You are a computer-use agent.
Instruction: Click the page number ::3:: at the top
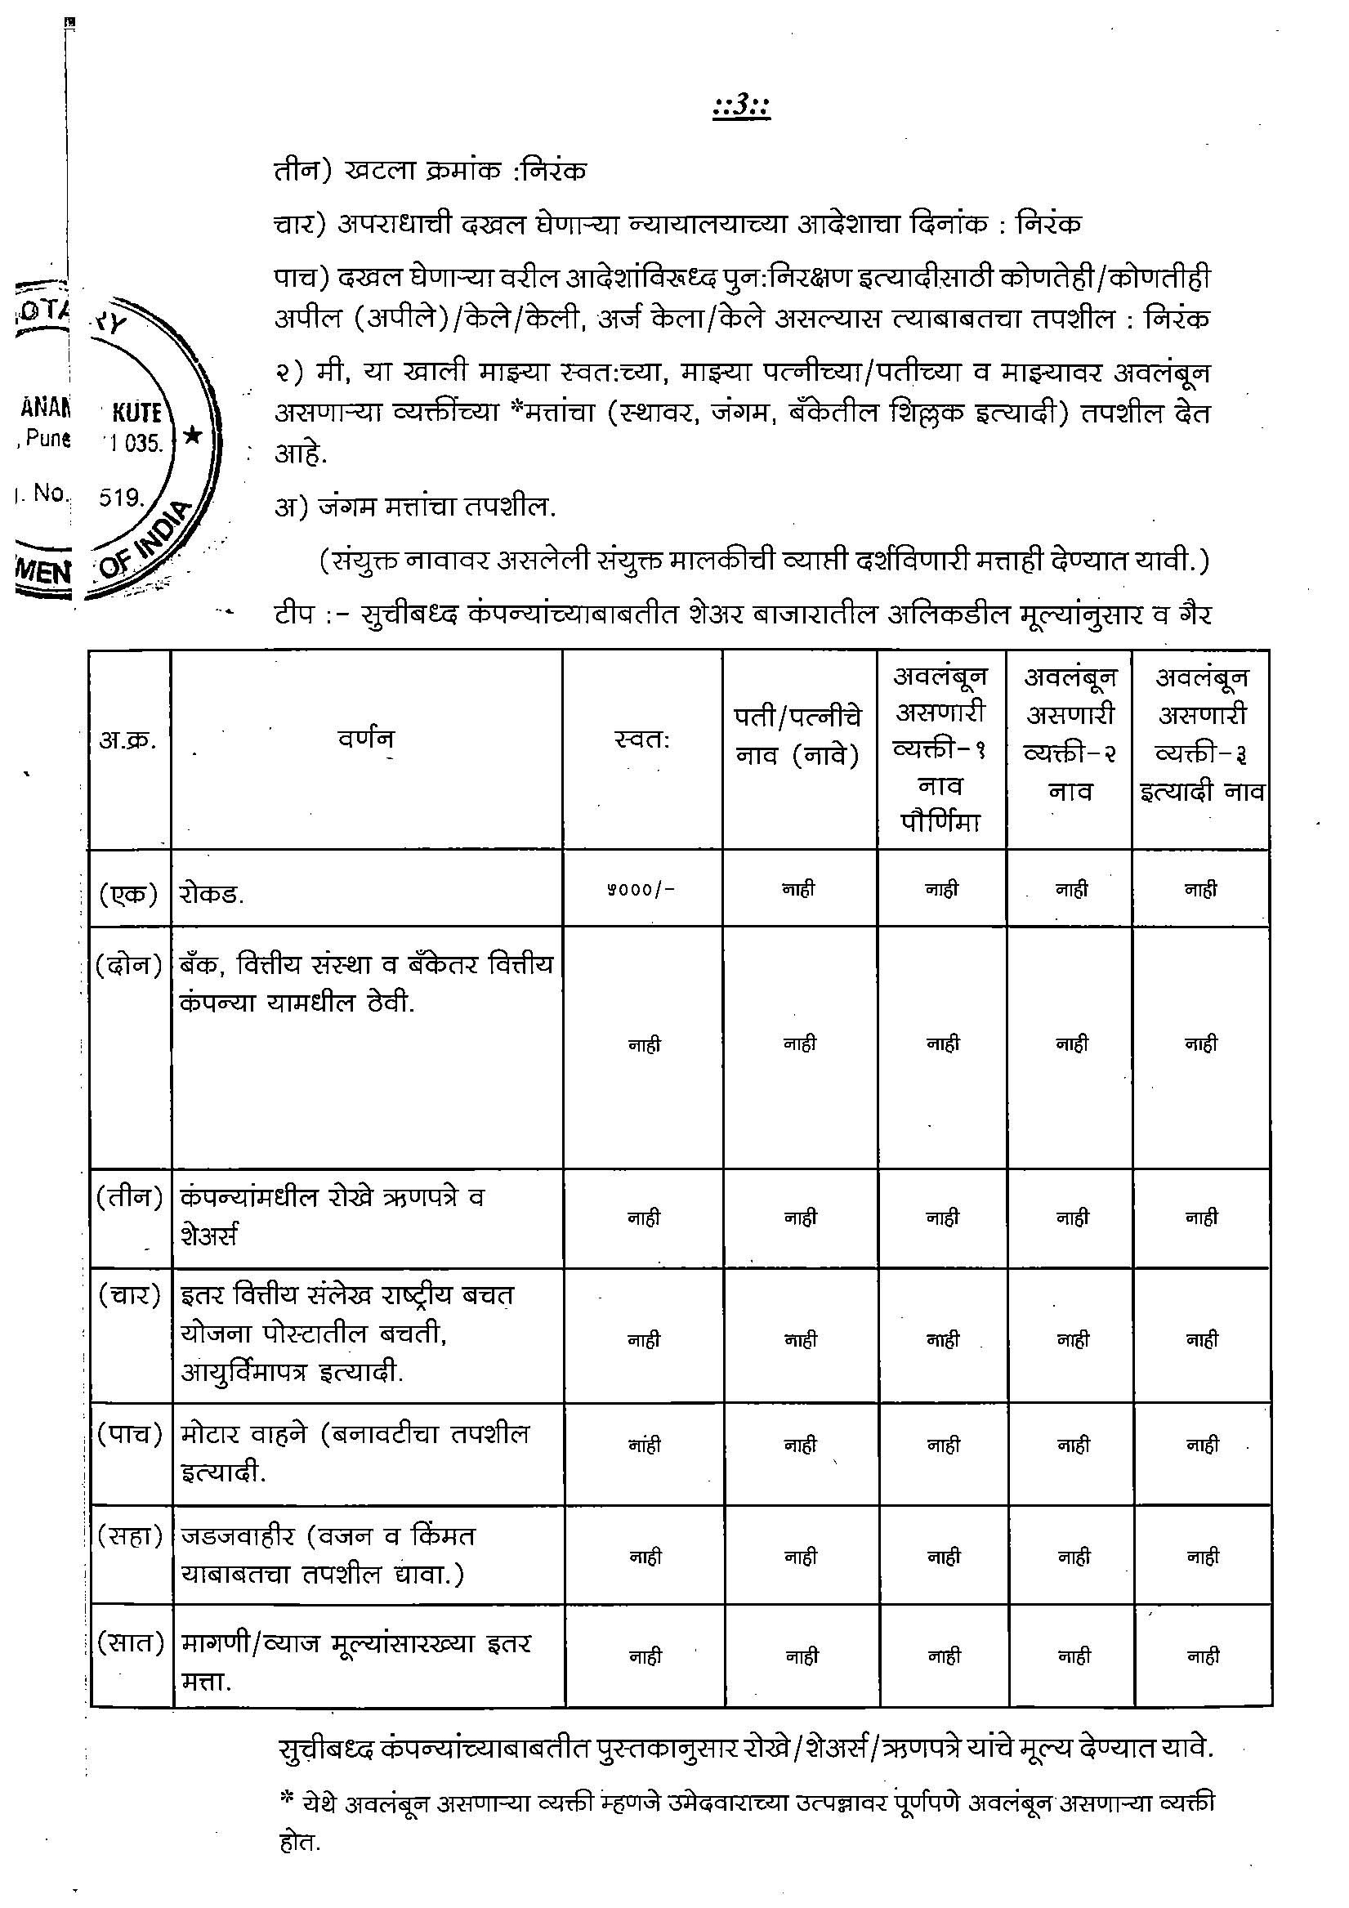[741, 109]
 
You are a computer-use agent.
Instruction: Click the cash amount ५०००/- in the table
[640, 889]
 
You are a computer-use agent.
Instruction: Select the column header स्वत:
[641, 738]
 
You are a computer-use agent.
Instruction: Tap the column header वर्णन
[366, 738]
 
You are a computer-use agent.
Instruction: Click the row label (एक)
[129, 893]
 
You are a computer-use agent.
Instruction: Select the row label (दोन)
[129, 965]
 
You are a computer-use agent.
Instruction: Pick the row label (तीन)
[129, 1196]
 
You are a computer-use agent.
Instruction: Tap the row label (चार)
[129, 1294]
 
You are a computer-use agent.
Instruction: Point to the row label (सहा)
[129, 1535]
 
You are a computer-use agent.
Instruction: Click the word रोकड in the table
[211, 895]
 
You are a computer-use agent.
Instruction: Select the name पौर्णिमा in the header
[942, 822]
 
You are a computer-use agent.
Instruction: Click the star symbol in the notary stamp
[192, 435]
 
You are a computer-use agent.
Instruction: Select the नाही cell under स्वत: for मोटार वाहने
[644, 1446]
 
